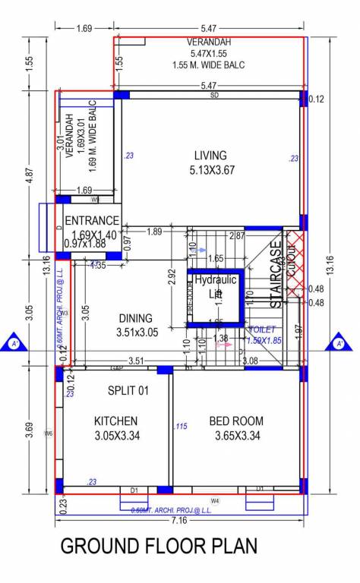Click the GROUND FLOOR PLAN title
[x=159, y=547]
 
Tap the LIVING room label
[x=210, y=155]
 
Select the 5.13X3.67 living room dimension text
[x=211, y=170]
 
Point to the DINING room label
[x=136, y=319]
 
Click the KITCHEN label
[x=115, y=421]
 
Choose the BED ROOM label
[x=237, y=421]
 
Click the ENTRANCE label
[x=92, y=221]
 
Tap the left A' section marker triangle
[x=14, y=344]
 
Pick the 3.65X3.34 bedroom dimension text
[x=237, y=436]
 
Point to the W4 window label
[x=215, y=501]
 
